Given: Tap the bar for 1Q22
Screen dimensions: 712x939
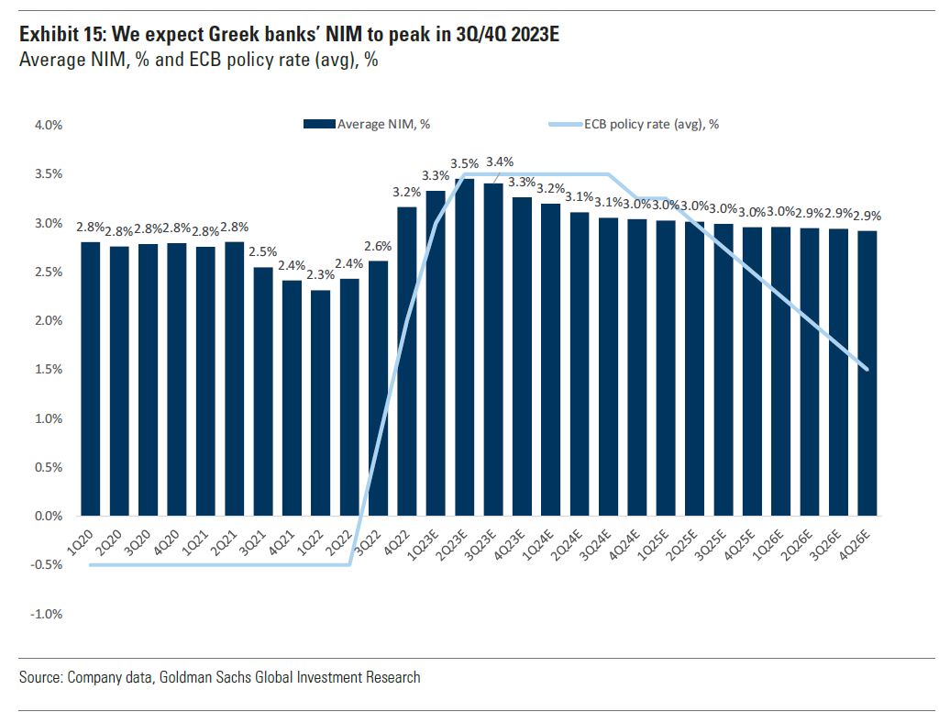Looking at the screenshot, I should (x=321, y=403).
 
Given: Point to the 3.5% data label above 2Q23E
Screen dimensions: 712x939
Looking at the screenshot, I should (x=465, y=163).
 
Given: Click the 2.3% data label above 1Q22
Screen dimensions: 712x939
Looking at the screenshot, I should (x=321, y=273).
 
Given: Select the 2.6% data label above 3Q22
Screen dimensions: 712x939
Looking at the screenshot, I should (x=379, y=245).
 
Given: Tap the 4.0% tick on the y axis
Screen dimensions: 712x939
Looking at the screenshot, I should (x=48, y=126).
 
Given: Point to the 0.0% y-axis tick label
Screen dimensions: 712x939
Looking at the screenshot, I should (x=48, y=516).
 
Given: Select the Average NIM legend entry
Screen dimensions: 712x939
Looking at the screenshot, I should (x=367, y=124).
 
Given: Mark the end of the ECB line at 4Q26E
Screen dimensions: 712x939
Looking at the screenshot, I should (x=867, y=370).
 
